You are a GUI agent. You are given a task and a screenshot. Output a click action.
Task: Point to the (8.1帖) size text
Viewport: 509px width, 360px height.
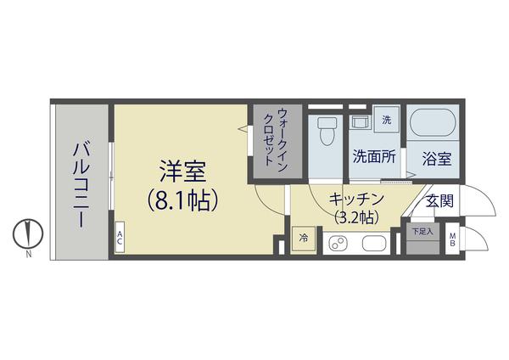tap(183, 200)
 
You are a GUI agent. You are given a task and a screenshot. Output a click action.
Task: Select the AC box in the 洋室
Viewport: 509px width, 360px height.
tap(120, 238)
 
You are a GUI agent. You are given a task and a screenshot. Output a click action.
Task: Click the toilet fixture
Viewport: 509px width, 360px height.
tap(326, 132)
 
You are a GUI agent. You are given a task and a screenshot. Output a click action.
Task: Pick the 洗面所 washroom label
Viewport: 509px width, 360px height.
tap(374, 157)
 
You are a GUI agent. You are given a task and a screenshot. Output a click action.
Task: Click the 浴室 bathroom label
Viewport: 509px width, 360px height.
tap(436, 158)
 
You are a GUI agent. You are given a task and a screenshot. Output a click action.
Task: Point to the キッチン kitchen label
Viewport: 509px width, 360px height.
tap(355, 200)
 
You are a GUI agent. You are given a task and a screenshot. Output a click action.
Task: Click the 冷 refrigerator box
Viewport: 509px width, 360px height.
tap(303, 239)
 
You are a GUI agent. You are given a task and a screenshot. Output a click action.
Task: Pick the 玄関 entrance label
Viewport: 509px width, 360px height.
tap(439, 201)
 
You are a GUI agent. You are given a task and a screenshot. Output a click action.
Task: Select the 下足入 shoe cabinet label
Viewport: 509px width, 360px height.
tap(422, 231)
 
